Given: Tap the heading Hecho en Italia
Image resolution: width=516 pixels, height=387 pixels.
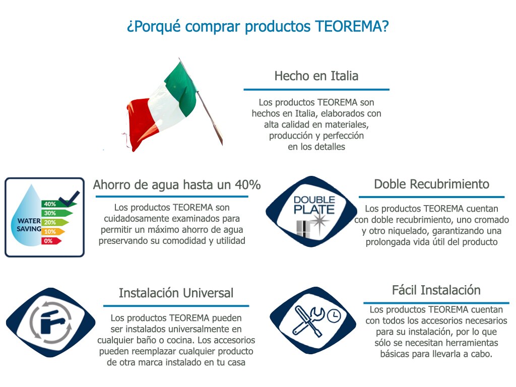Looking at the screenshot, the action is click(316, 76).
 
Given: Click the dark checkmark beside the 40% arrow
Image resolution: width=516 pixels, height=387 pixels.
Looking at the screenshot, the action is click(70, 199).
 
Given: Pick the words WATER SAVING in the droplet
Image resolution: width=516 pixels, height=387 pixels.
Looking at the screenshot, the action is click(29, 225).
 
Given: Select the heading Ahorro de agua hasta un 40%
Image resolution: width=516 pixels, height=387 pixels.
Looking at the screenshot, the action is click(177, 185).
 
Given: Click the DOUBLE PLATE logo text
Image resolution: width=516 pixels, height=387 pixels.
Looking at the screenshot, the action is click(314, 205).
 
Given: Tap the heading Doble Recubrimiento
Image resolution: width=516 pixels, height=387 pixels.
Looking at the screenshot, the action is click(431, 184).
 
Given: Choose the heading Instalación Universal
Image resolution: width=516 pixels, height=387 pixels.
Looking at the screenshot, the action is click(176, 293).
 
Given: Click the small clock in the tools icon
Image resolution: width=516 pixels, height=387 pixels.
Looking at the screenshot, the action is click(334, 315).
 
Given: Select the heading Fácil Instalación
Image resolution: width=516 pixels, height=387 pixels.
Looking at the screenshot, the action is click(436, 290).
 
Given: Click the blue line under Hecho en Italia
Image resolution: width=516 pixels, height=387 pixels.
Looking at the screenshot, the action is click(316, 89).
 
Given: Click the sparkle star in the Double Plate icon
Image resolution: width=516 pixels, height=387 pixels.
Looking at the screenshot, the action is click(318, 221).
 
